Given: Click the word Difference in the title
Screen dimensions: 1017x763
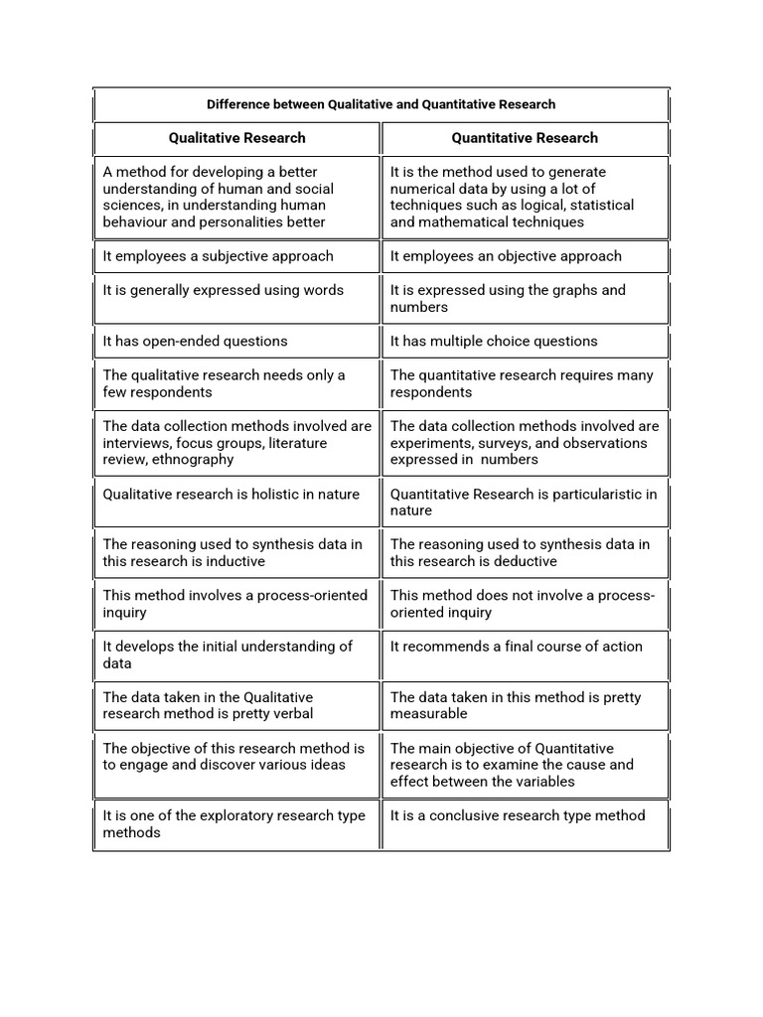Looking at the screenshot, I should [x=239, y=104].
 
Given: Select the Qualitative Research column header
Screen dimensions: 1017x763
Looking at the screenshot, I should [x=236, y=138].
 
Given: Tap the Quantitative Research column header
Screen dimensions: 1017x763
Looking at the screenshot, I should [x=525, y=138].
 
